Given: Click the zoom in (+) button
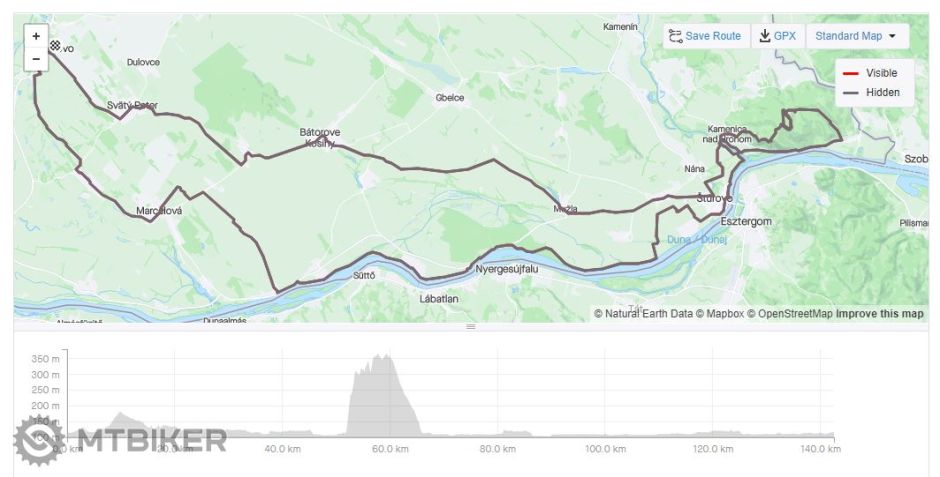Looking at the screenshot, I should point(36,36).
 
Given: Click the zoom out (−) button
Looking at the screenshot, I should point(36,59).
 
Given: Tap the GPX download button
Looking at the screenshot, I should point(777,36).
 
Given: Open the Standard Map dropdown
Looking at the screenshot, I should point(856,36).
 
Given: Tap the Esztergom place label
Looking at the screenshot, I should point(746,221).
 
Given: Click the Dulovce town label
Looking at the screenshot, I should point(143,62).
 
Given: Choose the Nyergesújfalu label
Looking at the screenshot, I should point(507,269).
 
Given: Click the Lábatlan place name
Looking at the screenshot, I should point(438,298).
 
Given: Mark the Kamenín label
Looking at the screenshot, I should point(620,27).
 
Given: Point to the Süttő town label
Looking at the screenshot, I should point(364,275).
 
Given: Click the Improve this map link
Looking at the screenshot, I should point(880,314).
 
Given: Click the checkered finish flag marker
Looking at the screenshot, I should point(55,45).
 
